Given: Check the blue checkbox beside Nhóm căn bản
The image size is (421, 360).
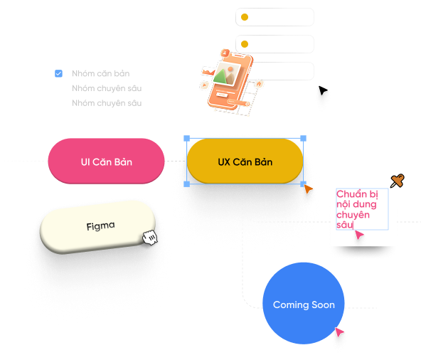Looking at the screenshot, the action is point(58,73).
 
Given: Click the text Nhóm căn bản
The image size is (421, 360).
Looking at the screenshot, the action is point(101,73).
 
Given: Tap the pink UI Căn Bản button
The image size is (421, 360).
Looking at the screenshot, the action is point(107,162).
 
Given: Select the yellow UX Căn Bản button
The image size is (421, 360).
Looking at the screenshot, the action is point(245,162).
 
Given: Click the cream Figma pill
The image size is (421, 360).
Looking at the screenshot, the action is point(98,226).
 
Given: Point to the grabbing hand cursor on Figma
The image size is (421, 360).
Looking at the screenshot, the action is point(150,237).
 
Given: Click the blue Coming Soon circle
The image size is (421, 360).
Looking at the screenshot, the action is point(304,303).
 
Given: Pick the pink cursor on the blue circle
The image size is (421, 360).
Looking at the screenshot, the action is point(339,332).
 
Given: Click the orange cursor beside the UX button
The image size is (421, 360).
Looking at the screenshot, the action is point(308,189).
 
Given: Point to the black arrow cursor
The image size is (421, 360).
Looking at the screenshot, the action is point(323,90).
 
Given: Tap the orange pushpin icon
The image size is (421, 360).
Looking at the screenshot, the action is point(397,181).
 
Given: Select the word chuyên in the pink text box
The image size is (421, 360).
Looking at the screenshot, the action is point(353,215).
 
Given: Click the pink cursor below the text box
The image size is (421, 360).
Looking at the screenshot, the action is point(359,235).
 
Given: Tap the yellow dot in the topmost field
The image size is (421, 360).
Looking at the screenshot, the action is point(245,17).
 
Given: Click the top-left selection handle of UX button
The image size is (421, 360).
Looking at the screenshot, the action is point(186,138).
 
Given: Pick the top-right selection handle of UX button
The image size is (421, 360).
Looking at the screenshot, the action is point(303,138).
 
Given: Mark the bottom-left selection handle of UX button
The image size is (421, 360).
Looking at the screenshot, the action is point(186,184).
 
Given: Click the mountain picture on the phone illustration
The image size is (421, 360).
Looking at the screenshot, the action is point(227,73).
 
